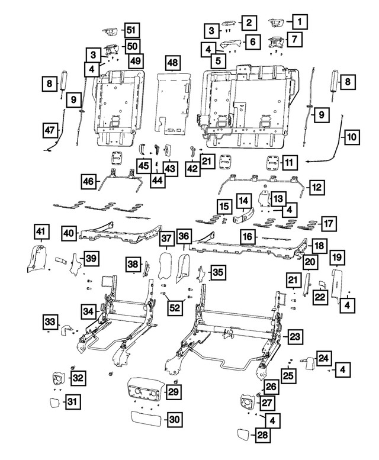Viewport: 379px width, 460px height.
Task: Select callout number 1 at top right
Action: tap(300, 22)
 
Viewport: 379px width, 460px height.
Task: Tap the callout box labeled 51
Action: tap(130, 30)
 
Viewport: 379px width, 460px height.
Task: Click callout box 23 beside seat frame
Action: tap(296, 336)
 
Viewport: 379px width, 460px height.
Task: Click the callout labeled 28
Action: tap(262, 436)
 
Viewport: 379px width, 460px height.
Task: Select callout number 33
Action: tap(50, 322)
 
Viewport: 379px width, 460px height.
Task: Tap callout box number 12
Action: tap(317, 187)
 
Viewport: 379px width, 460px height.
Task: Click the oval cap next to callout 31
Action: tap(53, 404)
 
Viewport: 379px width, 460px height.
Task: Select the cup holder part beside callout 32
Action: tap(60, 377)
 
